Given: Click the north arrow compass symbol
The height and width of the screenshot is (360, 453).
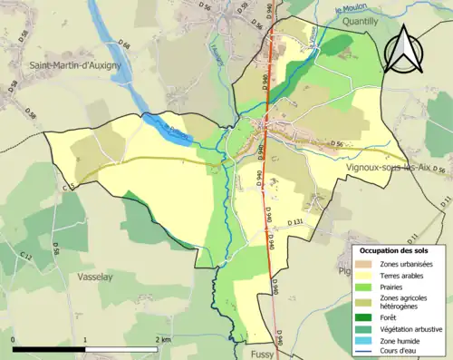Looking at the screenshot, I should click(x=403, y=50).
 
